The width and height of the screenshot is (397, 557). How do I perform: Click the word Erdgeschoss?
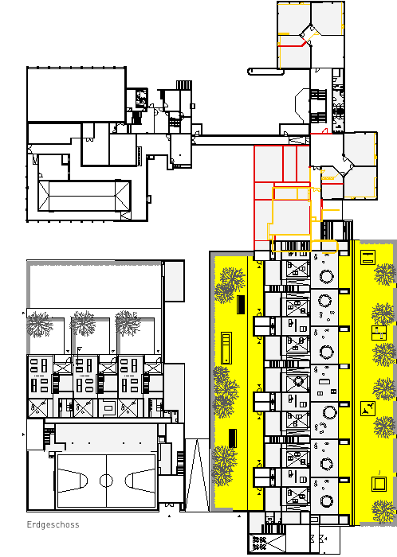click(x=53, y=524)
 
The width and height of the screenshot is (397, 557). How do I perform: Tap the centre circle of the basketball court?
click(x=106, y=481)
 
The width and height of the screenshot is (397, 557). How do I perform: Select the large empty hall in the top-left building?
click(x=77, y=94)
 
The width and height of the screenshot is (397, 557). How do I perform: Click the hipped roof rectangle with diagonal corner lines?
click(x=85, y=196)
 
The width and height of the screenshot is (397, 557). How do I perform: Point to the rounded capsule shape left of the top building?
click(x=265, y=72)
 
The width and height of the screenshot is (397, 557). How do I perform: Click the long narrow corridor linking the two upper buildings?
click(x=251, y=139)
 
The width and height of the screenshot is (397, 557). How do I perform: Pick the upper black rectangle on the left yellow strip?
click(x=241, y=305)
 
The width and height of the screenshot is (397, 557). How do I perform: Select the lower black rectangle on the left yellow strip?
click(x=232, y=438)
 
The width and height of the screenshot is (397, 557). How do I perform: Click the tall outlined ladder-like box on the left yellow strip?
click(x=226, y=349)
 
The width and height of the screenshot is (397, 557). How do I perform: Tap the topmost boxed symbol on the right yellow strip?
click(x=368, y=258)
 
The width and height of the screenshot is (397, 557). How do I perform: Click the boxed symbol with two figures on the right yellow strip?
click(x=368, y=408)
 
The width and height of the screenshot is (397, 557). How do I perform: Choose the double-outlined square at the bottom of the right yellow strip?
click(x=379, y=484)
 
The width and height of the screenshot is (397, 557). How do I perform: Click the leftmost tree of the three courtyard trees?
click(x=39, y=324)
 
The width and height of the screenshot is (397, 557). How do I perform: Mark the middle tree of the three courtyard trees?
click(x=83, y=323)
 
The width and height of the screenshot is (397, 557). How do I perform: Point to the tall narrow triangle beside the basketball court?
click(x=197, y=475)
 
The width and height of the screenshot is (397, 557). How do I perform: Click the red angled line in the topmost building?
click(x=292, y=45)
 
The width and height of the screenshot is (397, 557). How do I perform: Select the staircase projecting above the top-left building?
click(x=184, y=85)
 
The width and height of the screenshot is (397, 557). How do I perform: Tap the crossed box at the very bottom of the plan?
click(x=267, y=543)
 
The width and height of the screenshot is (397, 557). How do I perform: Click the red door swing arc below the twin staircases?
click(x=324, y=131)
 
